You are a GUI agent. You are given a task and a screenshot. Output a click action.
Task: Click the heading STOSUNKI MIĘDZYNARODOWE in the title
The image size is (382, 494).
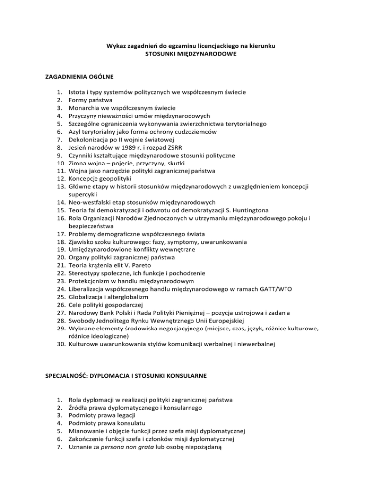point(191,54)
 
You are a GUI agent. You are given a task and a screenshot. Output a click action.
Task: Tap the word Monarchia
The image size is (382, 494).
point(85,108)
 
